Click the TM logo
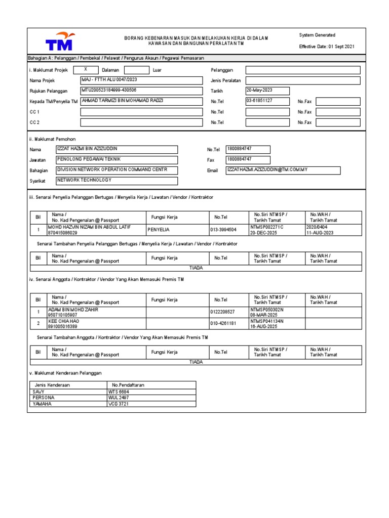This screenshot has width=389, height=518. coord(59,40)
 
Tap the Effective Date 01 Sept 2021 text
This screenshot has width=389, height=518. coord(327,47)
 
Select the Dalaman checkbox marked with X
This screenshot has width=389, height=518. coord(86,70)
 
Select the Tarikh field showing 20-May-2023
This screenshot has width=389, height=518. coord(267,91)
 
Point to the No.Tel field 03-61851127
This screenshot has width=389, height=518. coord(267,101)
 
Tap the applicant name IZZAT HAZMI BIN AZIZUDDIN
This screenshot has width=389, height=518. coord(117,149)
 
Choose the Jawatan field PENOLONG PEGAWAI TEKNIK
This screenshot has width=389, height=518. coord(117,160)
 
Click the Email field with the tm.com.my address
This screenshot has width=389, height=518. coord(283,170)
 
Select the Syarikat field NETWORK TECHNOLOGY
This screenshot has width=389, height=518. coord(117,181)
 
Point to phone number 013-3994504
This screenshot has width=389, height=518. coord(228,230)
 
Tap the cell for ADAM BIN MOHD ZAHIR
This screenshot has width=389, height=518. coord(96,312)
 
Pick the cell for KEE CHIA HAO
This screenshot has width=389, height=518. coord(96,324)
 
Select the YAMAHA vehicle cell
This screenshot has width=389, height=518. coord(68,404)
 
